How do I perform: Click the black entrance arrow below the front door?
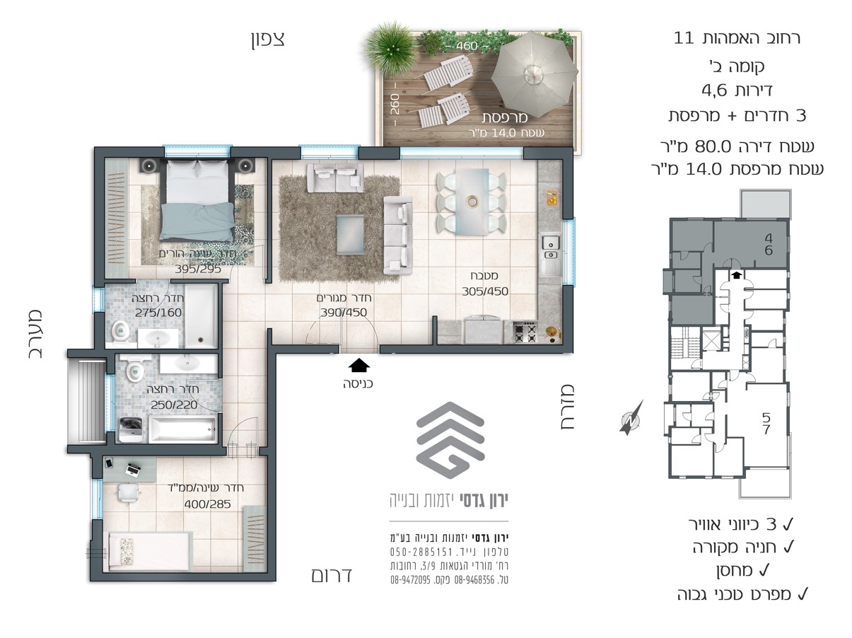(x=358, y=366)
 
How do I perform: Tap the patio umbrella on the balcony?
(x=534, y=75)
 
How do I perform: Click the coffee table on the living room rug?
(x=350, y=235)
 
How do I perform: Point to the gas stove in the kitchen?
(x=525, y=332)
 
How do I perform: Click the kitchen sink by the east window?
(x=550, y=248)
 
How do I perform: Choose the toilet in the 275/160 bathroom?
(x=121, y=333)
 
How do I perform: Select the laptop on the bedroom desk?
(x=133, y=469)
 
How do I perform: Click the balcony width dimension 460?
(x=467, y=46)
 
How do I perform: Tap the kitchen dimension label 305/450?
(x=485, y=291)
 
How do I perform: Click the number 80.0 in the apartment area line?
(x=713, y=147)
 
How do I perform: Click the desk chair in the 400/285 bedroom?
(x=128, y=493)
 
